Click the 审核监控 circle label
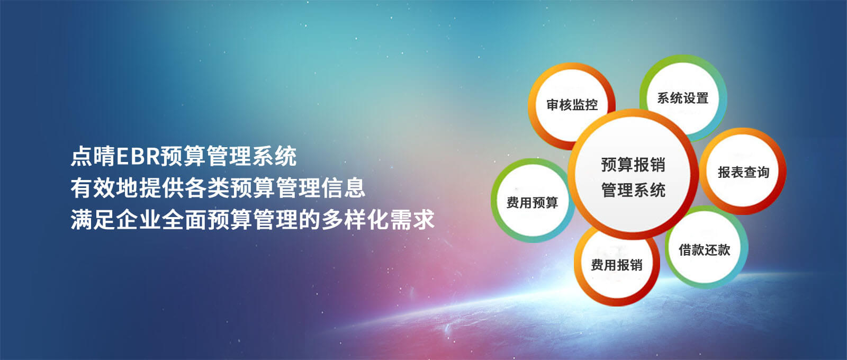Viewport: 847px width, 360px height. pos(572,105)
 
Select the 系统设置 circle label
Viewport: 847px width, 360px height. pos(682,98)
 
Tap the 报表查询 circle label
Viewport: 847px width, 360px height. pos(744,173)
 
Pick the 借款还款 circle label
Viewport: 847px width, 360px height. pos(705,250)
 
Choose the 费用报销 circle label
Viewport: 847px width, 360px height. pos(617,265)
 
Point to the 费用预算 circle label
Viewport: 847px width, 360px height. pos(533,203)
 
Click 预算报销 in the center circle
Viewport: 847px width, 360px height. pos(633,165)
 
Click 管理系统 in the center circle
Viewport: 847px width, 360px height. pos(633,190)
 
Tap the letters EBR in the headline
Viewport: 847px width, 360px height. pos(138,157)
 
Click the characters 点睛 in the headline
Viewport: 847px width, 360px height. pos(93,157)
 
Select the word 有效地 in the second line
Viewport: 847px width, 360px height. pos(104,188)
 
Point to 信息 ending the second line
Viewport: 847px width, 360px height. pos(344,188)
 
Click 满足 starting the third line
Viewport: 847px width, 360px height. pos(93,220)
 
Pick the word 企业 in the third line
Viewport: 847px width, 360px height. pos(139,220)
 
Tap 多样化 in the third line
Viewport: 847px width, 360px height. pos(355,220)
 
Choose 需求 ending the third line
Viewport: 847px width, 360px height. pos(412,220)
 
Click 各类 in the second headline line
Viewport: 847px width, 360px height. pos(207,188)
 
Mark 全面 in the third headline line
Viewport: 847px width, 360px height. pos(185,220)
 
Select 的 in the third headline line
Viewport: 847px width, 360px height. pos(310,220)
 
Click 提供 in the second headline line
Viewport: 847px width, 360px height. pos(161,188)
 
